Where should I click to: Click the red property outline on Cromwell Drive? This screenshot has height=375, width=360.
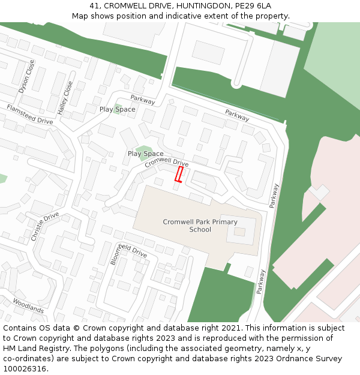178,174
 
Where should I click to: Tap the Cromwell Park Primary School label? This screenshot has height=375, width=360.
200,226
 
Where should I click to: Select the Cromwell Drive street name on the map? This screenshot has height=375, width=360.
167,162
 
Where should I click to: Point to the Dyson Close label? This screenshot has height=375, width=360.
27,76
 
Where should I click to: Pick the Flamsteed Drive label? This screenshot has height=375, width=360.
30,114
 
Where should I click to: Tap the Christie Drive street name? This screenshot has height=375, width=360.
45,226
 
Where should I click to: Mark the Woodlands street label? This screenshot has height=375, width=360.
28,305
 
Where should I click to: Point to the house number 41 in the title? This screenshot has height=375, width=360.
94,5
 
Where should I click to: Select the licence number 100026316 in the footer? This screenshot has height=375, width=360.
24,368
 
